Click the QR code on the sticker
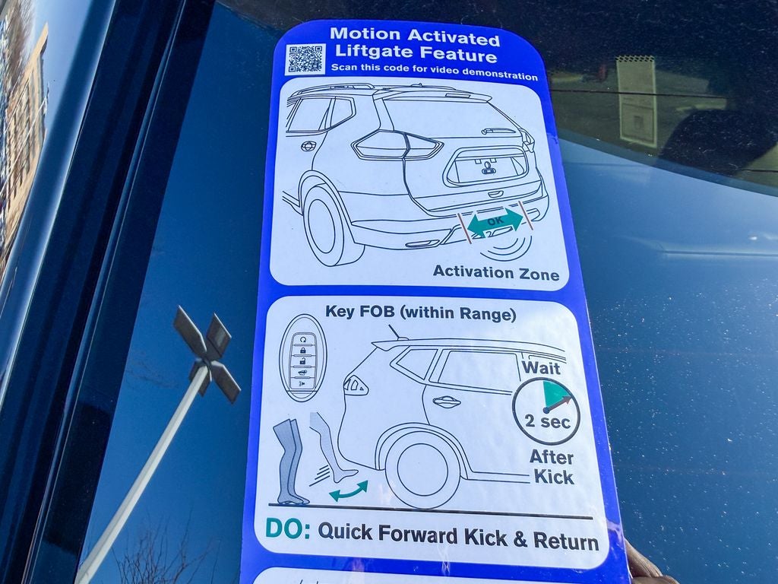tap(305, 59)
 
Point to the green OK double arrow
tap(495, 222)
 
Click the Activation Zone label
tap(495, 273)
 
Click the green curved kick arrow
tap(349, 490)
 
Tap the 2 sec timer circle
tap(546, 411)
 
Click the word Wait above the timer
tap(541, 367)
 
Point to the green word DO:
tap(287, 529)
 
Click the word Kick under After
tap(554, 478)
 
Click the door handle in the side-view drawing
tap(444, 401)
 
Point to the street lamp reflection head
tap(207, 348)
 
